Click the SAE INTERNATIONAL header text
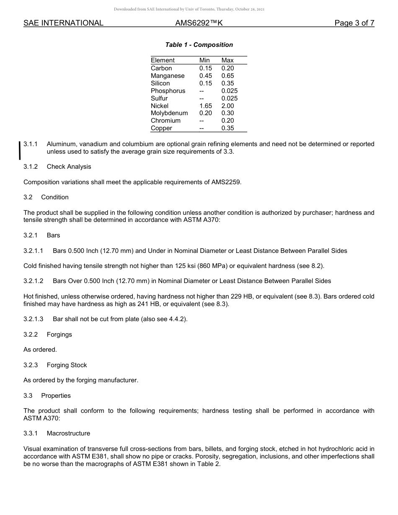point(63,23)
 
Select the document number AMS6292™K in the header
point(199,23)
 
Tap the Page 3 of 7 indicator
point(354,23)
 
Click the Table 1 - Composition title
point(199,45)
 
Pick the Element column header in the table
point(163,60)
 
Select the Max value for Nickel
point(227,106)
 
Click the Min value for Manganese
point(205,76)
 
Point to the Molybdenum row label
point(169,113)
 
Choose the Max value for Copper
point(227,128)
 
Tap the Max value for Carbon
point(227,68)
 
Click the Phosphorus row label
point(168,91)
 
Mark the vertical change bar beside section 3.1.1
point(20,150)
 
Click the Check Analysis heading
point(69,167)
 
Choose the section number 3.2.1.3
point(33,319)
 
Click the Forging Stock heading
point(67,365)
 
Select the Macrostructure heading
point(68,433)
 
